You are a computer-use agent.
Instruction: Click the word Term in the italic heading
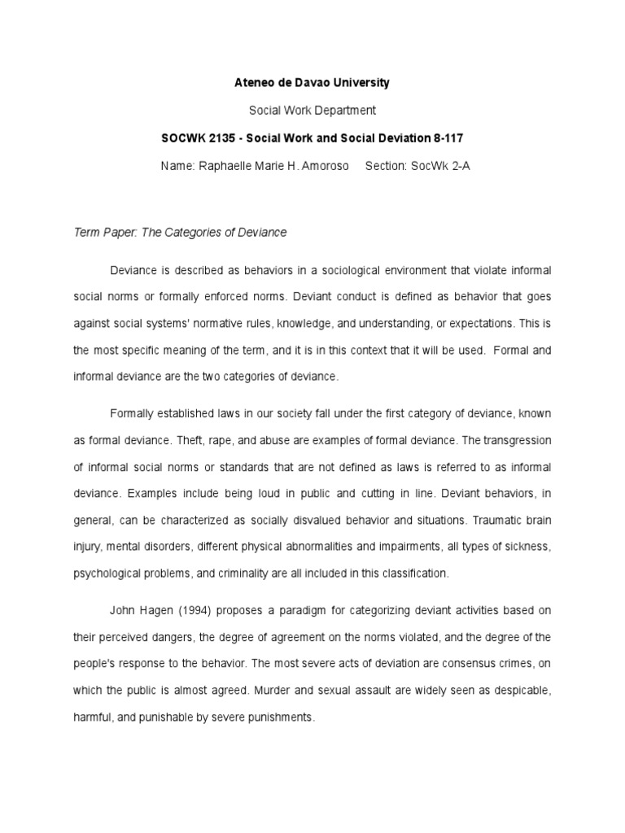(x=85, y=233)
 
